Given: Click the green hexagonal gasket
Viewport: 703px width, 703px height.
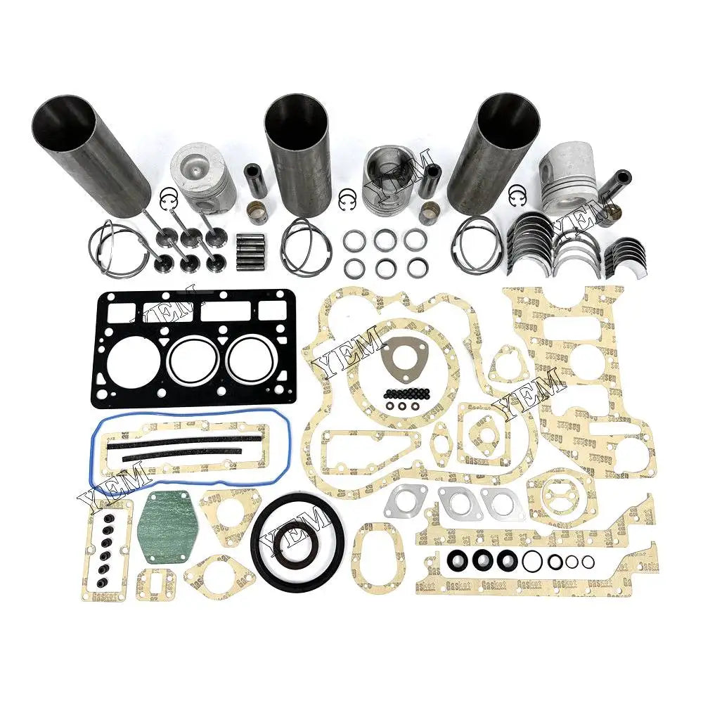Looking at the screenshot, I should tap(167, 527).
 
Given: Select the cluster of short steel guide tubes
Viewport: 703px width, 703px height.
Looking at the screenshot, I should tap(250, 249).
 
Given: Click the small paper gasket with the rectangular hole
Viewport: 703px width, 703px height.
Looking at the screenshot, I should tap(153, 583).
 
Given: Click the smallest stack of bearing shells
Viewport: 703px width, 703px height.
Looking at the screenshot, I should tap(623, 252).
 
